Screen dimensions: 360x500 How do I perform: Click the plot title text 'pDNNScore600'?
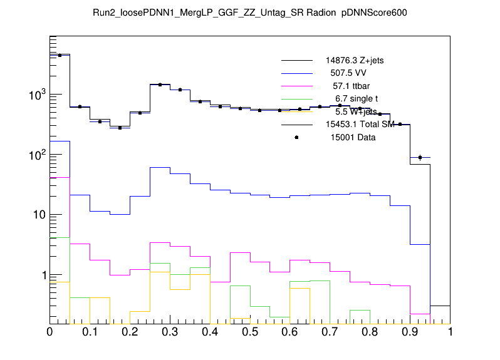click(375, 13)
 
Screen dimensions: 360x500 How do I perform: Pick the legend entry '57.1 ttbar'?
click(354, 86)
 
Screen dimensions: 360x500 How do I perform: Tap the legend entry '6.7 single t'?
click(357, 98)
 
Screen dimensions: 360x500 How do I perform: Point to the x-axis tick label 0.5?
click(250, 332)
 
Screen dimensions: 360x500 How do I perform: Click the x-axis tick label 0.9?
click(410, 332)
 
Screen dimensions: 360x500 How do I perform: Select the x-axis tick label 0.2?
click(130, 332)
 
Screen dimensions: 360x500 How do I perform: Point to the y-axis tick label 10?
click(36, 215)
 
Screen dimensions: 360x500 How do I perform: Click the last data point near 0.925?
click(420, 157)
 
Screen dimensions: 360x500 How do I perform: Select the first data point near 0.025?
click(60, 55)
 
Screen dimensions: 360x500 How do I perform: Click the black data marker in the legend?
click(296, 137)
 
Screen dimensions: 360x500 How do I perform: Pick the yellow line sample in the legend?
click(296, 111)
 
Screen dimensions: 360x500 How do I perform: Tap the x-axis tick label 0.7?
click(330, 332)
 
